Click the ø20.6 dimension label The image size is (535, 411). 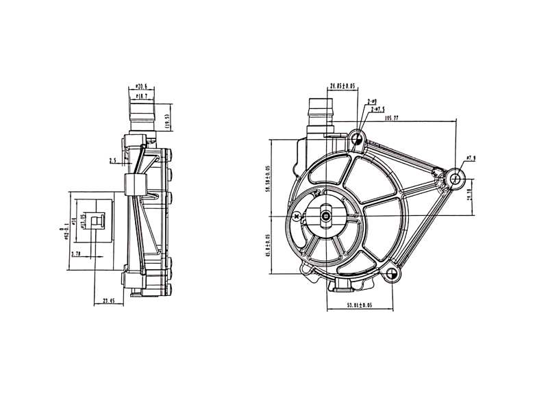[140, 86]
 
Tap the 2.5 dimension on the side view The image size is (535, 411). [112, 162]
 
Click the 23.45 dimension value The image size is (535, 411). [109, 300]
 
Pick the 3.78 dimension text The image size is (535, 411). [76, 253]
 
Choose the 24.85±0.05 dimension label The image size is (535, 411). [342, 86]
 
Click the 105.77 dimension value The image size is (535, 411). [393, 118]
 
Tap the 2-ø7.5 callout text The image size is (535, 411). [376, 109]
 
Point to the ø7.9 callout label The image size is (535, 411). [470, 159]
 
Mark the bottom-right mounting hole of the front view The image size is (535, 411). [391, 275]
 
